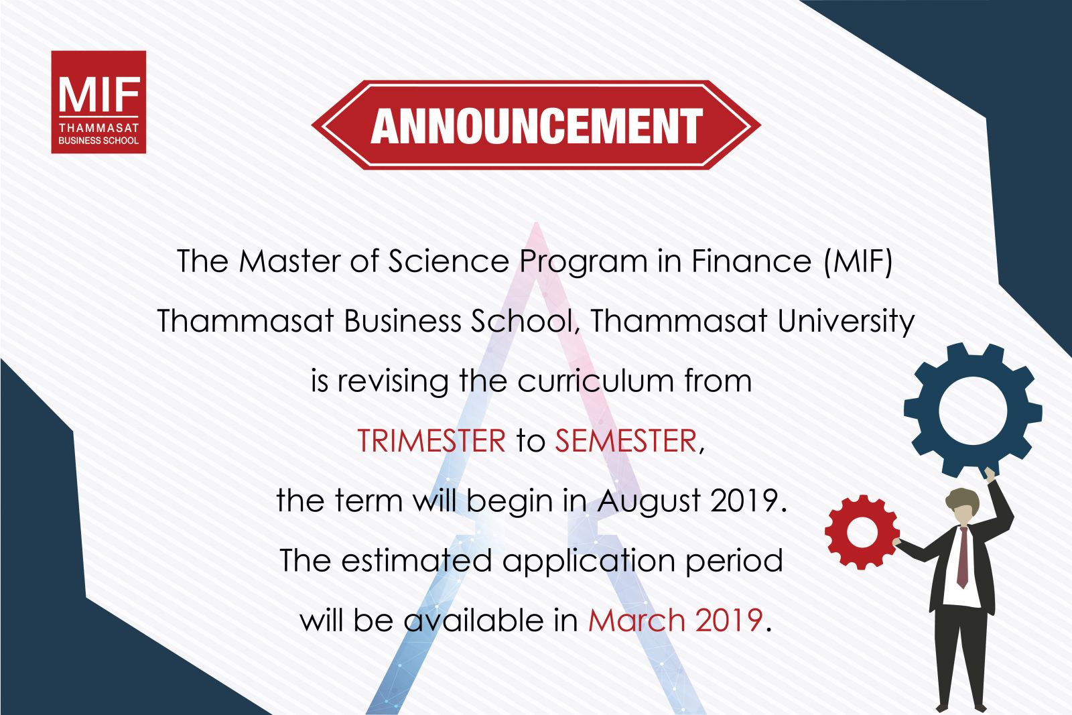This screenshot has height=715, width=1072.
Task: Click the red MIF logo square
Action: click(98, 102)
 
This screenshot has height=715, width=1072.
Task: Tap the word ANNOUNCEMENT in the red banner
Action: click(537, 126)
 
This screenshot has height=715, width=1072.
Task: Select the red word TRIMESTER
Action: click(431, 440)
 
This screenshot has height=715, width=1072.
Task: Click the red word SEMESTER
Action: click(626, 440)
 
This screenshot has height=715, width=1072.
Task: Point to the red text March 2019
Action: click(675, 621)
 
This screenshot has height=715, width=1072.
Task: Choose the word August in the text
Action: click(649, 501)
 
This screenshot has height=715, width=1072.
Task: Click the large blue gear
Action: click(973, 410)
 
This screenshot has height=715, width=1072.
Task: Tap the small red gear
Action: click(862, 532)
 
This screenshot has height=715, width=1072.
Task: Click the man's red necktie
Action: click(962, 557)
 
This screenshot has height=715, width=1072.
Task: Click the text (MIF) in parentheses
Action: click(858, 262)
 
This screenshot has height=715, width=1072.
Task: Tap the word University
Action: click(846, 322)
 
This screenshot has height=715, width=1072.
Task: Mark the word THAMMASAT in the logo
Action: click(98, 128)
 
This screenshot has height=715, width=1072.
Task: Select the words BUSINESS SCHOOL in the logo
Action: click(98, 141)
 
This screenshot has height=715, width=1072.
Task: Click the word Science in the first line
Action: click(448, 261)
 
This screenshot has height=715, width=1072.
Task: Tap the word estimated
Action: click(416, 560)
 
